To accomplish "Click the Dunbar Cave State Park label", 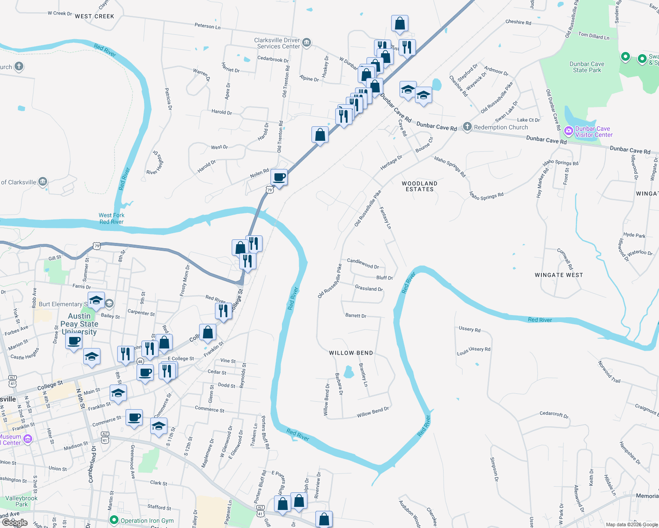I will [587, 67].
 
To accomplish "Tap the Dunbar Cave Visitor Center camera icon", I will [569, 131].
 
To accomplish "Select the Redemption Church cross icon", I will [467, 127].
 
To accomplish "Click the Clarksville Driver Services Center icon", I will [307, 43].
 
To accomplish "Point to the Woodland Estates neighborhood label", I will [419, 186].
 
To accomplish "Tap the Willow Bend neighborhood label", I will [351, 353].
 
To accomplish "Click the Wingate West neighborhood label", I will [559, 275].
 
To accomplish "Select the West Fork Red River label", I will [111, 218].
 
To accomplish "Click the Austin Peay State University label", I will [79, 324].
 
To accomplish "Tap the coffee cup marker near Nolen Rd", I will [279, 177].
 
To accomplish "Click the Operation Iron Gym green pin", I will [114, 520].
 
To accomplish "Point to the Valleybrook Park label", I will [21, 501].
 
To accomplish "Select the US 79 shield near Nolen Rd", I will [269, 190].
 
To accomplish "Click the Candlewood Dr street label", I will [363, 263].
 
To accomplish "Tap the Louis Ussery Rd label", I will [474, 351].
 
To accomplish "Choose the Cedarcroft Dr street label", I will [554, 414].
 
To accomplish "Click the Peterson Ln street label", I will [207, 26].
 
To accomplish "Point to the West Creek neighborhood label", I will [94, 16].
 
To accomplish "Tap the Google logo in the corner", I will [15, 523].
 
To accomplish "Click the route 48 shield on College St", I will [140, 361].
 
